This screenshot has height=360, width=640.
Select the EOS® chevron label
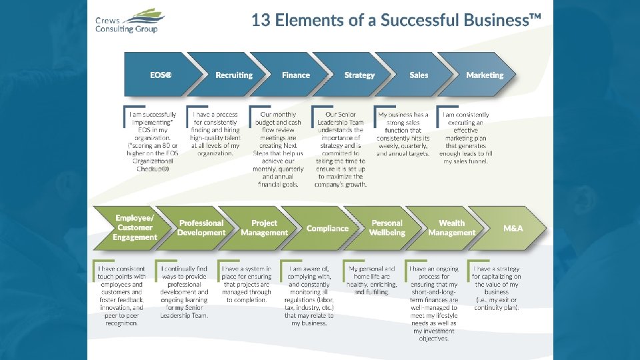pyautogui.click(x=160, y=75)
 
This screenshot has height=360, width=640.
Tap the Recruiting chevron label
pyautogui.click(x=234, y=75)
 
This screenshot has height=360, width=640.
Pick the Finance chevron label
pyautogui.click(x=296, y=75)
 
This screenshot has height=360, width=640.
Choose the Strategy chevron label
pyautogui.click(x=359, y=75)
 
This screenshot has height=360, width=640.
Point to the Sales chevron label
pyautogui.click(x=419, y=75)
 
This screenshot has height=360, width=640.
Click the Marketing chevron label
pyautogui.click(x=485, y=75)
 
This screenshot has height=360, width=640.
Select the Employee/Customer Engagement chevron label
pyautogui.click(x=135, y=227)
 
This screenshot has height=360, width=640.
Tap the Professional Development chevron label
pyautogui.click(x=201, y=227)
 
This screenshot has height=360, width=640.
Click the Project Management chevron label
pyautogui.click(x=265, y=227)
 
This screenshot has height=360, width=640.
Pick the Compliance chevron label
pyautogui.click(x=327, y=228)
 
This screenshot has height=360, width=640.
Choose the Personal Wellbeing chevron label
pyautogui.click(x=387, y=227)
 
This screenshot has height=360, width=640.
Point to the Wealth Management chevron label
pyautogui.click(x=452, y=227)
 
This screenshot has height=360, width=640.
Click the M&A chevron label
pyautogui.click(x=513, y=228)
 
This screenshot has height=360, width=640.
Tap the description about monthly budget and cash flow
pyautogui.click(x=280, y=149)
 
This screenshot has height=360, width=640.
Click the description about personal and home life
pyautogui.click(x=372, y=280)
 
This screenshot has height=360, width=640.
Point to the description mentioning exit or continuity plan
pyautogui.click(x=497, y=284)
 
